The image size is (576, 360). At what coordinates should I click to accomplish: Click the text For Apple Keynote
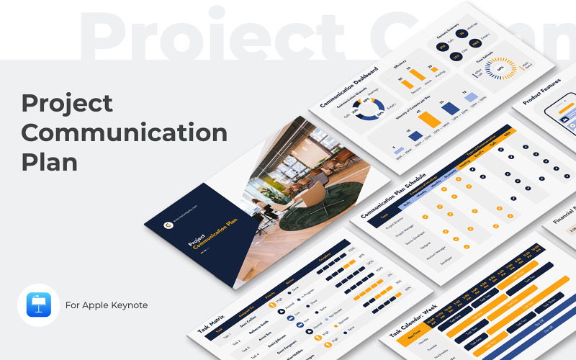[106, 305]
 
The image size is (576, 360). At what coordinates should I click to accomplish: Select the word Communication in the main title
[124, 132]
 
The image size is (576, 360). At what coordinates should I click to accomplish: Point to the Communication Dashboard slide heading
[348, 88]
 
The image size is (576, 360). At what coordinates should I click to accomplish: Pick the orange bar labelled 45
[430, 119]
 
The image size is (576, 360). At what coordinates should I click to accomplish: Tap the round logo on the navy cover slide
[167, 223]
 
